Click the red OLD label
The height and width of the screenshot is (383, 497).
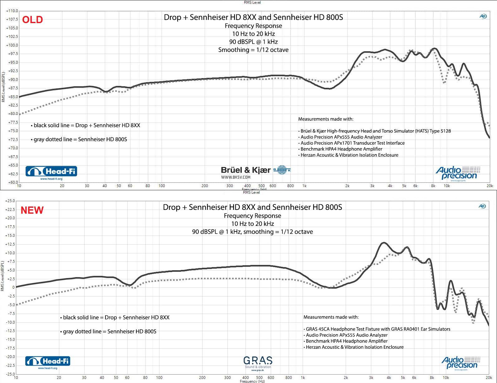tap(32, 20)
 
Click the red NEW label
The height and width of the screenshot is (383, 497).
tap(32, 210)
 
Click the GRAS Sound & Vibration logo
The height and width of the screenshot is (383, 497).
tap(258, 363)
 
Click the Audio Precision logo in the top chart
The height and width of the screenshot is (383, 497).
tap(457, 173)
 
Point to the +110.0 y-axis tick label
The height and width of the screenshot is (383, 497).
tap(12, 11)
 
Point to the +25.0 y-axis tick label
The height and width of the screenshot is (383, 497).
tap(10, 201)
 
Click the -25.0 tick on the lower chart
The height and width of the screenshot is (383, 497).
tap(10, 374)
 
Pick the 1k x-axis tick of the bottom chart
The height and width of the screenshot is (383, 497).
tap(303, 378)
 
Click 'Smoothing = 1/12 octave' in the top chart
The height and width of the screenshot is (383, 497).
tap(253, 50)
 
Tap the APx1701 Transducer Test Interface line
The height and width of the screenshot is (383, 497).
tap(352, 143)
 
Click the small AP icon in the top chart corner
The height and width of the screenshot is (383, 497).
tap(483, 16)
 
